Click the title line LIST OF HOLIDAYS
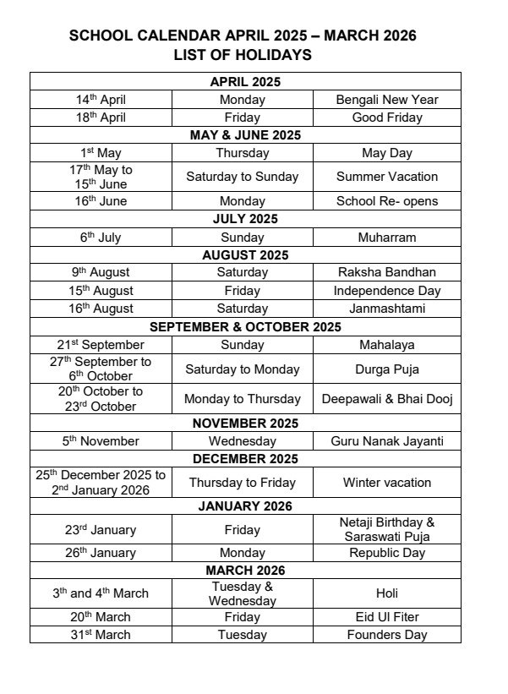pos(243,56)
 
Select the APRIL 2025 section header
pos(245,82)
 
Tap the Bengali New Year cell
pos(386,100)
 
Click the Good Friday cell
pos(386,117)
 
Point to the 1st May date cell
pos(101,153)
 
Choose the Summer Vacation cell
pos(386,177)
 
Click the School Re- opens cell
pos(386,201)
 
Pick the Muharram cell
pos(386,238)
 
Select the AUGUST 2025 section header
pos(245,254)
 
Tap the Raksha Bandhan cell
pos(386,272)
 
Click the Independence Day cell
pos(386,291)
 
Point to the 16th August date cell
pos(101,309)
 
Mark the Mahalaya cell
pos(386,345)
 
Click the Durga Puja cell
pos(386,369)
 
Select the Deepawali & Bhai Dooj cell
pos(386,398)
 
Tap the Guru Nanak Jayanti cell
pos(386,441)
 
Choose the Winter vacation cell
pos(386,483)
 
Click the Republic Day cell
pos(386,553)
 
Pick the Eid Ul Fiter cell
pos(386,617)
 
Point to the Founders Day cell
pos(386,635)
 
